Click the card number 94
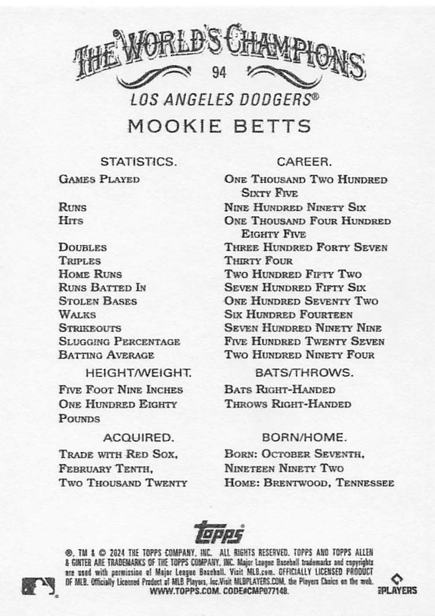[x=220, y=73]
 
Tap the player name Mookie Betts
[x=219, y=126]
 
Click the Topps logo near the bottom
[x=218, y=533]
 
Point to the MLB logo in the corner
[x=37, y=586]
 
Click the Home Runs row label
[x=90, y=274]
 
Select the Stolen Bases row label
[x=98, y=301]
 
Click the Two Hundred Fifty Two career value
[x=293, y=274]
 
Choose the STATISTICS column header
[x=138, y=161]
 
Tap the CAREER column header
[x=304, y=161]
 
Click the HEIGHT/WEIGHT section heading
[x=138, y=372]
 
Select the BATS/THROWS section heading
[x=304, y=372]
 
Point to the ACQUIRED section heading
[x=138, y=437]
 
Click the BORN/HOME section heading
[x=304, y=437]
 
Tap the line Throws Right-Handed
[x=287, y=404]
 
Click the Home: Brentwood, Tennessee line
[x=309, y=483]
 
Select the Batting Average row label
[x=106, y=355]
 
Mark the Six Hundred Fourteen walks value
[x=288, y=315]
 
